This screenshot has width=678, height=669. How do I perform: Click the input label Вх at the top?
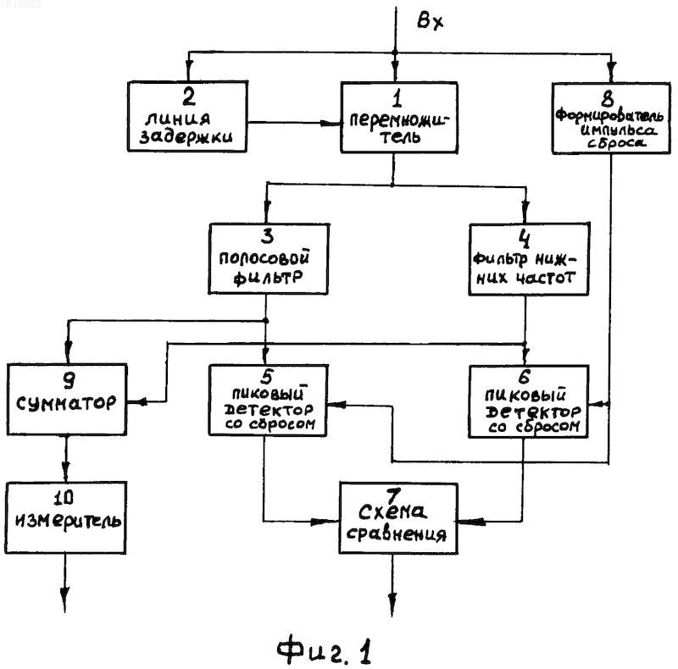(430, 20)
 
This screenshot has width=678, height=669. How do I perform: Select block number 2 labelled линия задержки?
(187, 116)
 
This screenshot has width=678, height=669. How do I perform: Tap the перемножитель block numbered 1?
(399, 117)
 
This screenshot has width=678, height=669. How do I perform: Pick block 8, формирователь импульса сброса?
(611, 118)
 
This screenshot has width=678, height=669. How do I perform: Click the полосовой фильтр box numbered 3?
(269, 259)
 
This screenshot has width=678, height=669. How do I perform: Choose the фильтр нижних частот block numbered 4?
(529, 259)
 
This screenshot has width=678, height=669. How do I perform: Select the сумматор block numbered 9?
(67, 400)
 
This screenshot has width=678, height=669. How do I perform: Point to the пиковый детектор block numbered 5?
(268, 401)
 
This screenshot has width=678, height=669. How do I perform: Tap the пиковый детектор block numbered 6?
(529, 401)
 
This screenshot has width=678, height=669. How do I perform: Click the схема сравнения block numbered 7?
(398, 518)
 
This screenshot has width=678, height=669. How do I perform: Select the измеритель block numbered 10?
(66, 517)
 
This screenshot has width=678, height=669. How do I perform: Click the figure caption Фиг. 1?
(324, 650)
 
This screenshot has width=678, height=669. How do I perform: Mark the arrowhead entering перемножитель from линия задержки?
(331, 123)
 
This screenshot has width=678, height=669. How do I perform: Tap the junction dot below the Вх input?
(394, 53)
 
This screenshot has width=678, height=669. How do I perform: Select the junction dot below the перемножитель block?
(392, 185)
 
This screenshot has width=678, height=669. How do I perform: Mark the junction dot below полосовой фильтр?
(266, 321)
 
